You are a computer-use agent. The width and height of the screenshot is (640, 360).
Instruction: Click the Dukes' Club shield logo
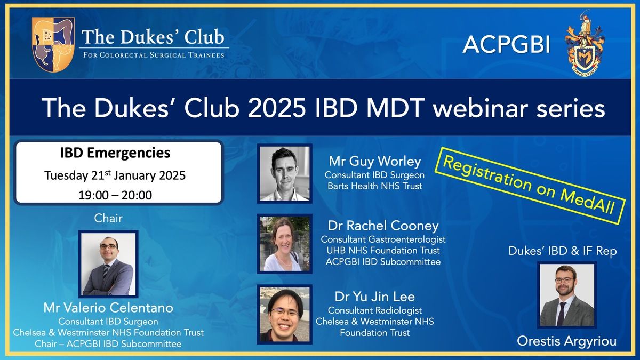(53, 44)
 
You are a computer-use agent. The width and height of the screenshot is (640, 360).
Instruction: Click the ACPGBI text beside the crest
(506, 45)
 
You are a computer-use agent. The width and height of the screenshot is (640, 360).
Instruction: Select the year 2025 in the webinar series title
(277, 108)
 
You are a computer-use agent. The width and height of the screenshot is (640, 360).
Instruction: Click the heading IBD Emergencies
(115, 153)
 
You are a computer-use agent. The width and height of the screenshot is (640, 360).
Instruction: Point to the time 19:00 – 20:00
(115, 195)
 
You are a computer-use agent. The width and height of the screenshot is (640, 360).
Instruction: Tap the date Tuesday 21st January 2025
(115, 175)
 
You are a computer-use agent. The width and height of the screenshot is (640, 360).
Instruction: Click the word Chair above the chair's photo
(108, 218)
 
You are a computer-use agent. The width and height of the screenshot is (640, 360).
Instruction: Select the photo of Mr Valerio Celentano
(109, 264)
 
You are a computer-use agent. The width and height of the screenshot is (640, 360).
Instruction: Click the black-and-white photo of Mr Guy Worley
(285, 174)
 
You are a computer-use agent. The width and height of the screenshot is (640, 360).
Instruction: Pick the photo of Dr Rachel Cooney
(285, 244)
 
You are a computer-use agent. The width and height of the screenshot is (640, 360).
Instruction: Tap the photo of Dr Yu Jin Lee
(285, 314)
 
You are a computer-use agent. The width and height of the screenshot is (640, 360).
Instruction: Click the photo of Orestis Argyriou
(567, 295)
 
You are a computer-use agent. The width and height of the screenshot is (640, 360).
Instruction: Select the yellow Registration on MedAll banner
(530, 186)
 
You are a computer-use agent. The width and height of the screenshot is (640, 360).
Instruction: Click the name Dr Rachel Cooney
(383, 226)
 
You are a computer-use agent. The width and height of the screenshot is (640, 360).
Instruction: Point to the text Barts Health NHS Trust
(375, 186)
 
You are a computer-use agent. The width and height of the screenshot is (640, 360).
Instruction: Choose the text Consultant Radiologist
(375, 310)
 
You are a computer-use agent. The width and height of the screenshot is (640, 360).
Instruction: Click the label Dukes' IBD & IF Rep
(563, 251)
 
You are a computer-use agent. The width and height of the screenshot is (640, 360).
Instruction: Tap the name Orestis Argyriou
(567, 341)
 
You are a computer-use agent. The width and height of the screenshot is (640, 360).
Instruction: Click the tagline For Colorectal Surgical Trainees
(154, 55)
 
